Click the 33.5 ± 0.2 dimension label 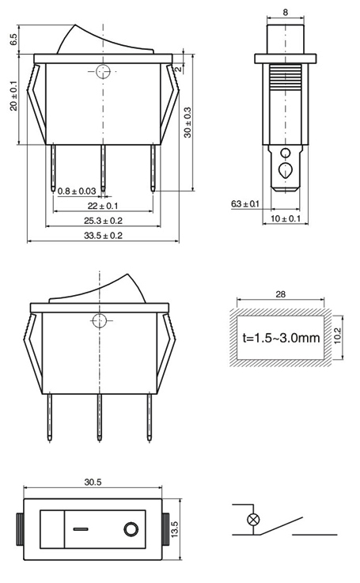point(103,236)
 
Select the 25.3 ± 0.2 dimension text point(103,221)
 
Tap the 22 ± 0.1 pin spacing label point(103,206)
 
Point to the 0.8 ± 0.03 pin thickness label point(77,191)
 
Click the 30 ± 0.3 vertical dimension point(188,123)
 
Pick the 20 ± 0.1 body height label point(13,96)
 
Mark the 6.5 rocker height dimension point(13,40)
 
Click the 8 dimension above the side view point(286,13)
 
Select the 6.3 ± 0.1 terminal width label point(245,204)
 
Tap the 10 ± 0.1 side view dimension point(286,218)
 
